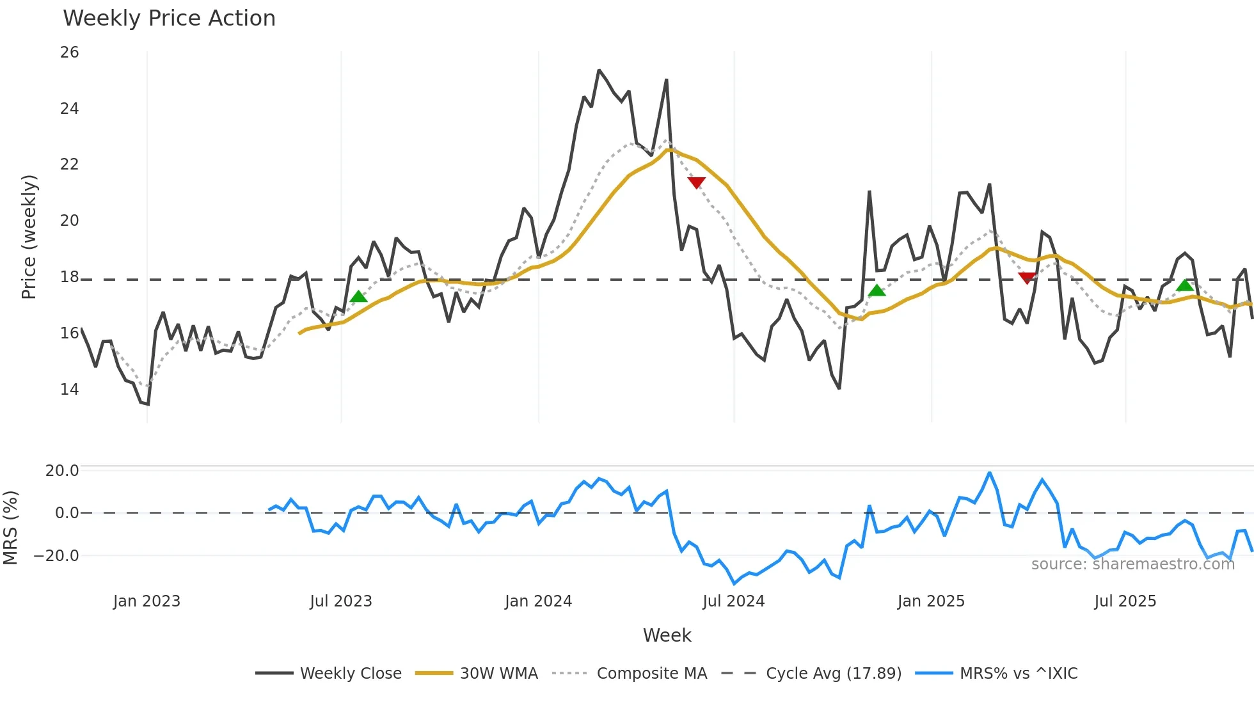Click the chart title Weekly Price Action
[x=169, y=19]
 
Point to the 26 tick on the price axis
[x=70, y=52]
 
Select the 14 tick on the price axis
[x=70, y=389]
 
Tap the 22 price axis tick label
[x=70, y=164]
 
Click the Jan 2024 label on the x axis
[x=538, y=601]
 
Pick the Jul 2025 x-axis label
[x=1125, y=601]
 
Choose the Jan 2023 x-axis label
[x=147, y=601]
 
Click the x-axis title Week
[x=667, y=635]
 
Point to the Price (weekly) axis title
[x=29, y=237]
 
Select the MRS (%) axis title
[x=11, y=528]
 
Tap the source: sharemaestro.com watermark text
[x=1132, y=564]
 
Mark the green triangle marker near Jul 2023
[x=359, y=297]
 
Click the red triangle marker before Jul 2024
[x=696, y=182]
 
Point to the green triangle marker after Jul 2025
[x=1185, y=285]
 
